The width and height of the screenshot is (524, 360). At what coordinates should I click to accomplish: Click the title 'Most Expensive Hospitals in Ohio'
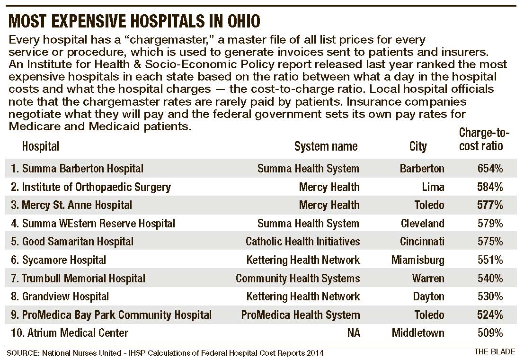pos(134,22)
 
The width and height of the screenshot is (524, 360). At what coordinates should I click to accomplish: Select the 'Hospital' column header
pos(41,146)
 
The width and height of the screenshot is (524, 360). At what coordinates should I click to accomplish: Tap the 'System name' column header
pos(326,146)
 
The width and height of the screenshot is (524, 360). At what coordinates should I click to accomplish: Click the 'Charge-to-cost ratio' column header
pos(481,140)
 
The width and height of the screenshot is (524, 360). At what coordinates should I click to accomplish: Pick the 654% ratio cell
pos(490,169)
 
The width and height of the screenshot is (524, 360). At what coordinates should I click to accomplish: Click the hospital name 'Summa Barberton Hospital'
pos(82,169)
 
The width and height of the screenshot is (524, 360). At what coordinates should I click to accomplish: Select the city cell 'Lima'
pos(433,187)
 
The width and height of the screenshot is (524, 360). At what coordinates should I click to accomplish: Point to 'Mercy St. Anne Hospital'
pos(77,205)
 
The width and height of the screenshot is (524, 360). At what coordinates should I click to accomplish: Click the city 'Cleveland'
pos(422,224)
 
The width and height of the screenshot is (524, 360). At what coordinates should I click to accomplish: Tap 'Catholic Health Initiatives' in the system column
pos(302,242)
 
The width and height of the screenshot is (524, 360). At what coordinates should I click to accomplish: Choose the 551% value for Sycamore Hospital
pos(490,260)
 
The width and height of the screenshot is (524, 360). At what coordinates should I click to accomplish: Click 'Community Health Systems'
pos(298,279)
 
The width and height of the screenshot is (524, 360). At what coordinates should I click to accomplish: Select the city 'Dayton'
pos(428,297)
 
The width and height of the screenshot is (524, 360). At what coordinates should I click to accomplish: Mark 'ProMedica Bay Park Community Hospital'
pos(116,315)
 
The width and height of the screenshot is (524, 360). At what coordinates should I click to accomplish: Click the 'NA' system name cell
pos(353,333)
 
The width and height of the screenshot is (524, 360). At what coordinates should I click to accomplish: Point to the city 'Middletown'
pos(418,333)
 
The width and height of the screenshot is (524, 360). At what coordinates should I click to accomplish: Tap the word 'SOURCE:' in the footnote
pos(21,353)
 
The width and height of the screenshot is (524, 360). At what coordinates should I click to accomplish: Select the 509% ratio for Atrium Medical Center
pos(490,333)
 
